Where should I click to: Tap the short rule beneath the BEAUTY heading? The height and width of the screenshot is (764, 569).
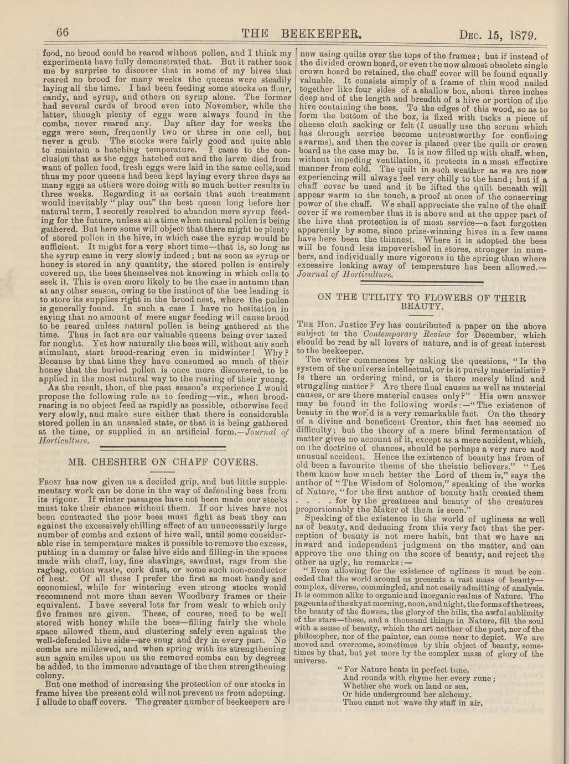coord(423,314)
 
